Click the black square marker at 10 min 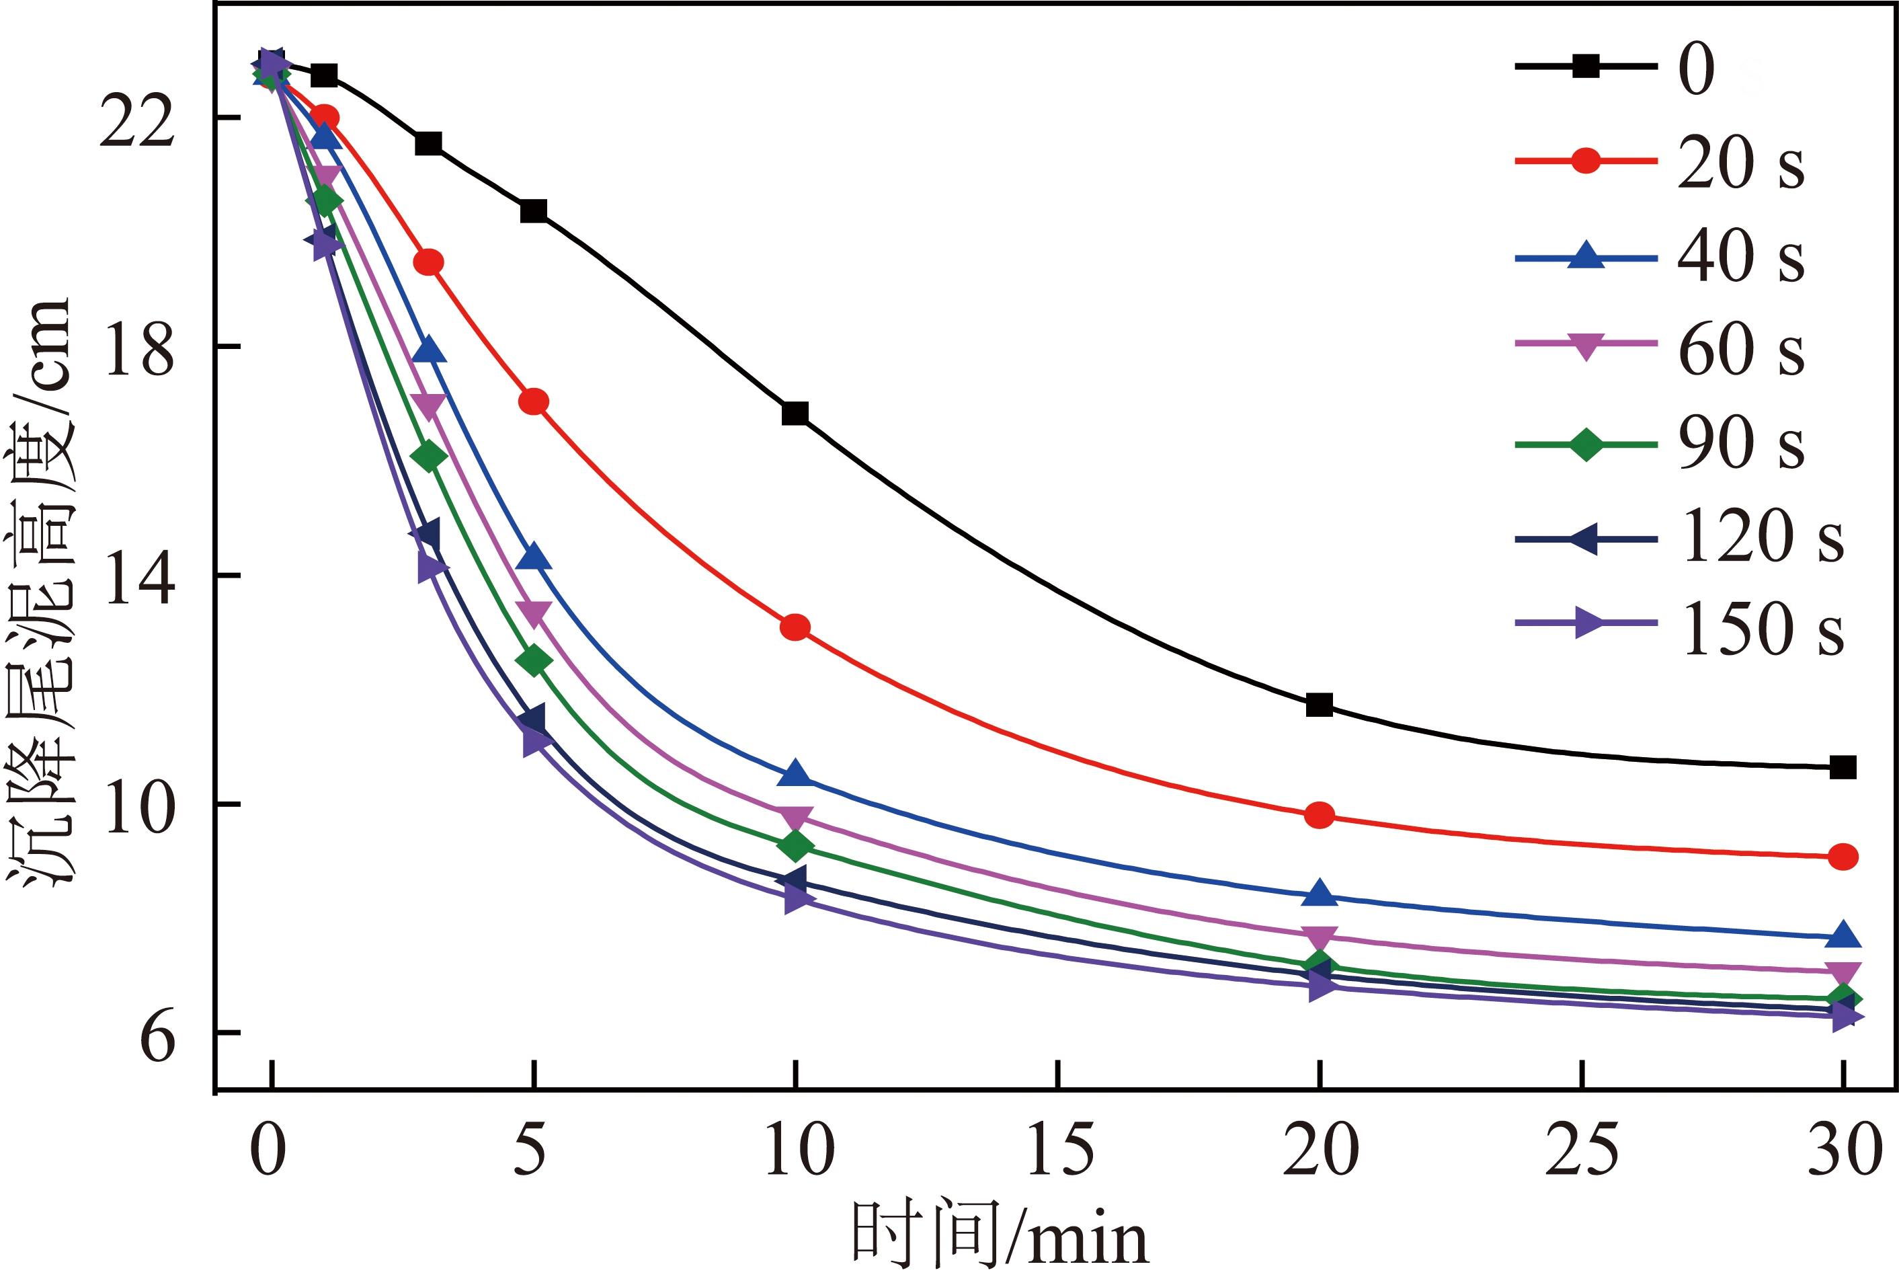pyautogui.click(x=795, y=414)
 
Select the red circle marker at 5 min pyautogui.click(x=534, y=401)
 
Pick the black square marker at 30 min pyautogui.click(x=1843, y=767)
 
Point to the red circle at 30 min pyautogui.click(x=1843, y=857)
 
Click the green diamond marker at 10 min pyautogui.click(x=795, y=846)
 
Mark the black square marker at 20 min pyautogui.click(x=1320, y=705)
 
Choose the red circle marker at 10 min pyautogui.click(x=795, y=627)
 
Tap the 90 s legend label pyautogui.click(x=1740, y=443)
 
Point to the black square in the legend pyautogui.click(x=1586, y=66)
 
